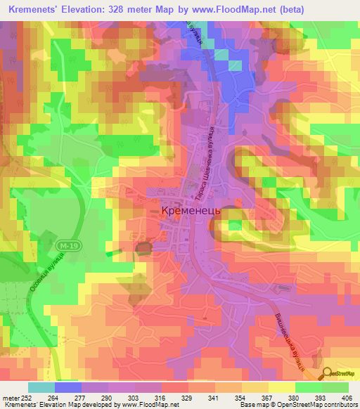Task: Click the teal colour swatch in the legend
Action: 41,387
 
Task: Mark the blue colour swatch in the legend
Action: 68,387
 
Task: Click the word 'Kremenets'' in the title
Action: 33,9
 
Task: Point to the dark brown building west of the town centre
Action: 144,247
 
